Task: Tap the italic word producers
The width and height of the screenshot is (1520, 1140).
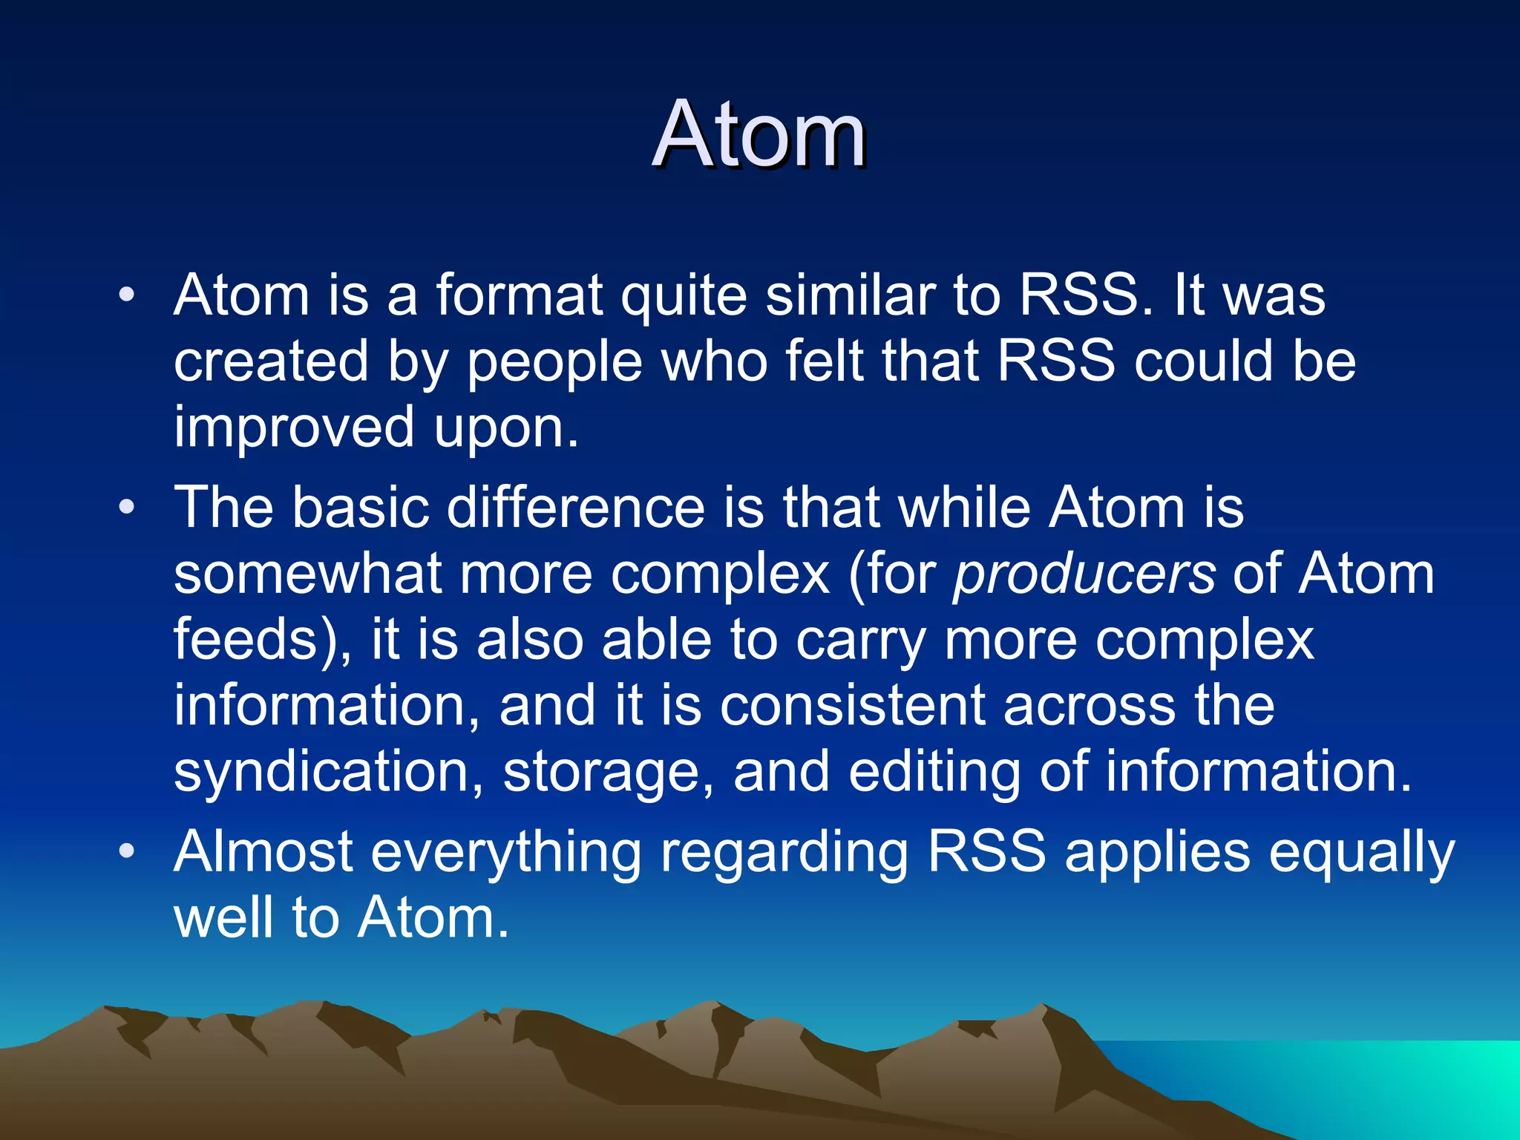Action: [1084, 574]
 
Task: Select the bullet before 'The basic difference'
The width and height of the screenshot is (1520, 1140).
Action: [127, 508]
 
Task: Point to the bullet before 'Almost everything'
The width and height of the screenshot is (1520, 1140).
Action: [127, 851]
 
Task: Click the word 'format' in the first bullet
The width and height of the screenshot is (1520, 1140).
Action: [518, 295]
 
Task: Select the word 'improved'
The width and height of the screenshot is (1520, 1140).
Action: [294, 428]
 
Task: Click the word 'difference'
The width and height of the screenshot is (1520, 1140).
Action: [575, 508]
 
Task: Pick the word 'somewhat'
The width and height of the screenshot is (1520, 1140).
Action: [307, 574]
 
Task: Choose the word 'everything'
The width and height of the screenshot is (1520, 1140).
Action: [505, 853]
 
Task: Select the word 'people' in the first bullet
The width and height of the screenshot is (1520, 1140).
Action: [554, 361]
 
